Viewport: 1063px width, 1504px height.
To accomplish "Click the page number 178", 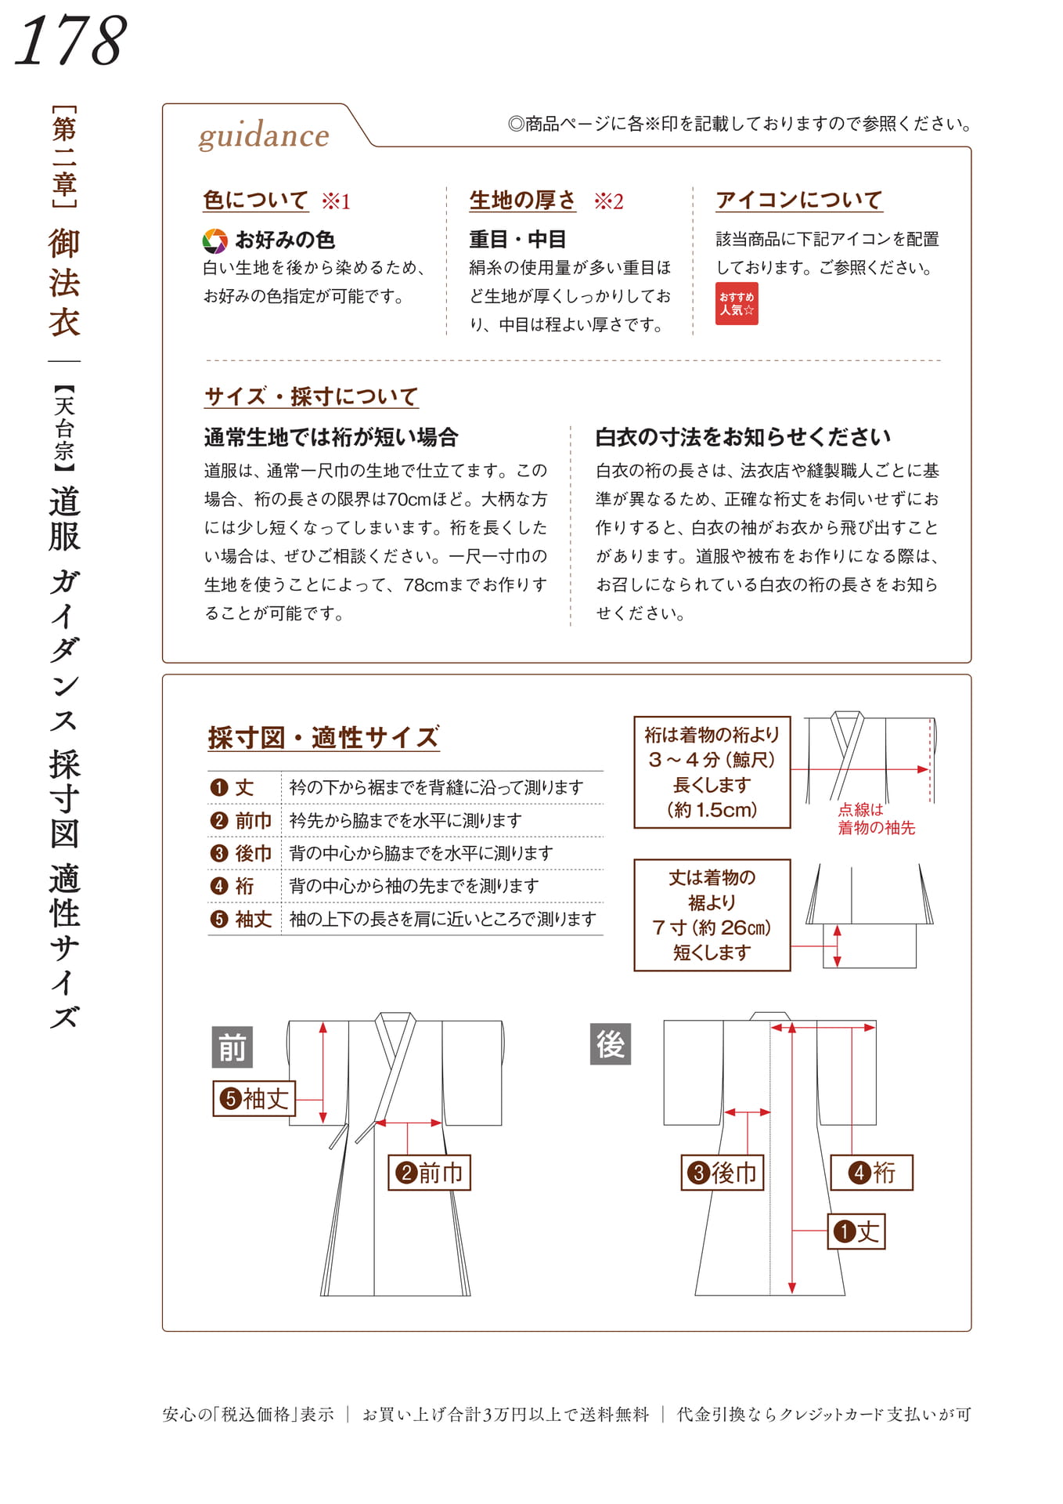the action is pyautogui.click(x=70, y=40).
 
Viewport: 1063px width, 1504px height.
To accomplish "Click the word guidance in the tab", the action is pyautogui.click(x=264, y=136).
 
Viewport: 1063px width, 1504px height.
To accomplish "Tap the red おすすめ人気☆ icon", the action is pyautogui.click(x=737, y=303).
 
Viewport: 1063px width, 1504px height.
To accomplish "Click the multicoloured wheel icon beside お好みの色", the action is pyautogui.click(x=214, y=240).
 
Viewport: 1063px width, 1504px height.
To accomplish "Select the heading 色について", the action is pyautogui.click(x=255, y=201).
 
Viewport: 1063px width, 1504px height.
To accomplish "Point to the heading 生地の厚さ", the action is pyautogui.click(x=522, y=201).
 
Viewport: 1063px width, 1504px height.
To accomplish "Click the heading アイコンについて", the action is pyautogui.click(x=798, y=201).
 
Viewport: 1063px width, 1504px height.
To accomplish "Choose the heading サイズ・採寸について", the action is pyautogui.click(x=311, y=396).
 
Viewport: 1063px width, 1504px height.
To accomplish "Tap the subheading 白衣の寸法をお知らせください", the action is pyautogui.click(x=743, y=437).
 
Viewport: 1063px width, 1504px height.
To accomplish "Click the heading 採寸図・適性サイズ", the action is pyautogui.click(x=323, y=737).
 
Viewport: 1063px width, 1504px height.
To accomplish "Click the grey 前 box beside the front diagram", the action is pyautogui.click(x=232, y=1047).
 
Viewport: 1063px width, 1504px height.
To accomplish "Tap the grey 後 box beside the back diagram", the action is pyautogui.click(x=611, y=1044).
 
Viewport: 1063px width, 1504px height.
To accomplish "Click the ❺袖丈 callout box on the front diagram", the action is pyautogui.click(x=254, y=1098).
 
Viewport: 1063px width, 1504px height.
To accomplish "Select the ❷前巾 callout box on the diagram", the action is pyautogui.click(x=429, y=1173).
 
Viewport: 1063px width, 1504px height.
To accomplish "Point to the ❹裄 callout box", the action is pyautogui.click(x=871, y=1173).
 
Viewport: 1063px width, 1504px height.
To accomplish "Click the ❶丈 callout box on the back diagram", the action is pyautogui.click(x=856, y=1231).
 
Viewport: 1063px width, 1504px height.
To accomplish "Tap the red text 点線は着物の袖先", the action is pyautogui.click(x=876, y=819).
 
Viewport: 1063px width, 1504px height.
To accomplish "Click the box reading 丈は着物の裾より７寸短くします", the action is pyautogui.click(x=712, y=915).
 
